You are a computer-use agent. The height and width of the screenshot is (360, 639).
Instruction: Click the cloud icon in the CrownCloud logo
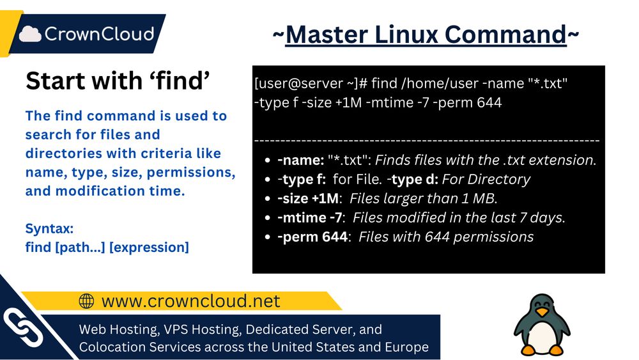click(x=31, y=34)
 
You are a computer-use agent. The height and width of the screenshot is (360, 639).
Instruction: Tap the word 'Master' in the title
click(x=327, y=35)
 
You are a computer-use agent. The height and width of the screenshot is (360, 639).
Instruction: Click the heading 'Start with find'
click(x=118, y=81)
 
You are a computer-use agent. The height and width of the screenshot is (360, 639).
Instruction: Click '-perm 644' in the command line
click(x=467, y=102)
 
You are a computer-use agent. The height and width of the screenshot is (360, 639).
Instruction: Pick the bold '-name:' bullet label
click(x=300, y=160)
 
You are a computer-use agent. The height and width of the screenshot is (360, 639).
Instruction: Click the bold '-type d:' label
click(x=412, y=179)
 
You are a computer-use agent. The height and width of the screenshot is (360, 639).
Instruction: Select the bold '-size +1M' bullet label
click(x=308, y=198)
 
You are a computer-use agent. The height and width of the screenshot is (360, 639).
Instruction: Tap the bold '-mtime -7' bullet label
click(x=309, y=217)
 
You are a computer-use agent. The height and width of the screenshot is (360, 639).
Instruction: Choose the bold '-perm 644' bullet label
click(x=312, y=237)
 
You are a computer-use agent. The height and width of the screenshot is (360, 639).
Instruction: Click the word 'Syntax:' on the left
click(x=49, y=229)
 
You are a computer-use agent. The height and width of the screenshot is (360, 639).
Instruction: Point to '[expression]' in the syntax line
click(x=149, y=247)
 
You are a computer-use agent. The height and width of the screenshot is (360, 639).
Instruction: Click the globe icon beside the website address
click(x=86, y=301)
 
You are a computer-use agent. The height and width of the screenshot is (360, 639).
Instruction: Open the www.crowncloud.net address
click(x=190, y=301)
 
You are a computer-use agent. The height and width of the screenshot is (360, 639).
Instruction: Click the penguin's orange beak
click(x=542, y=312)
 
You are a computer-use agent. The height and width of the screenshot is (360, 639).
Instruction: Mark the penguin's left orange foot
click(x=528, y=350)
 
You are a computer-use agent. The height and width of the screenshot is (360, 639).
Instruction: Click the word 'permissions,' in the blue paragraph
click(x=190, y=173)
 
